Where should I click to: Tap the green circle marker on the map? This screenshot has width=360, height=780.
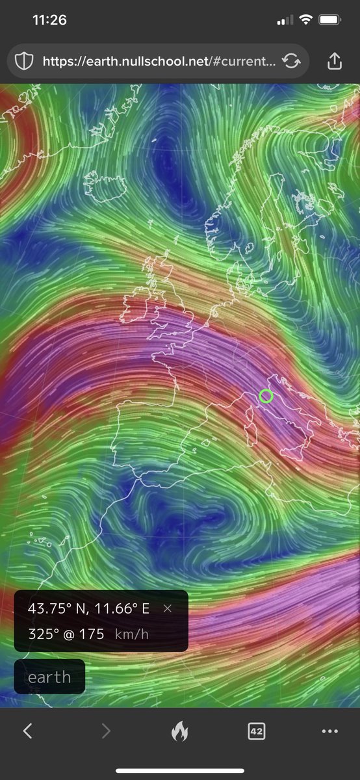tap(266, 396)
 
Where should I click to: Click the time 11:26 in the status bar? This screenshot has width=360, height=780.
tap(49, 20)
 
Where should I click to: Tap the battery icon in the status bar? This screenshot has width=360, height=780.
tap(330, 20)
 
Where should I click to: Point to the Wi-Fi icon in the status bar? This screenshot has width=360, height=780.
tap(305, 20)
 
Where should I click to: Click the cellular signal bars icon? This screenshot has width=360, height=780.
tap(285, 21)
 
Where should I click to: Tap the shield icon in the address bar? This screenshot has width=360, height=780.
tap(24, 62)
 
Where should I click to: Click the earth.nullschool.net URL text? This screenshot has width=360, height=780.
tap(160, 62)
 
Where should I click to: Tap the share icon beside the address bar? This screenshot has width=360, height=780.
tap(334, 62)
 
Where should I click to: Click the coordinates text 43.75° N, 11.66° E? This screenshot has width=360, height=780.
tap(88, 608)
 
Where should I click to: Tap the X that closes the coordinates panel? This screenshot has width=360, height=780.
tap(168, 608)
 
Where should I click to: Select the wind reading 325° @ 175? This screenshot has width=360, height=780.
tap(66, 634)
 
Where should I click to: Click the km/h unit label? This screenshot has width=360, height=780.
tap(132, 634)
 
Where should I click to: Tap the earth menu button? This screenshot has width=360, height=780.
tap(49, 677)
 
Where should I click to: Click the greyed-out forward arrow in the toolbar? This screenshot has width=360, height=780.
tap(106, 731)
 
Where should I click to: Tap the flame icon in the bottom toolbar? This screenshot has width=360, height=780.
tap(180, 732)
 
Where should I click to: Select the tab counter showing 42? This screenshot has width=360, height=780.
tap(256, 731)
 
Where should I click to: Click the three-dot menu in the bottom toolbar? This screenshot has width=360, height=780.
tap(330, 731)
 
